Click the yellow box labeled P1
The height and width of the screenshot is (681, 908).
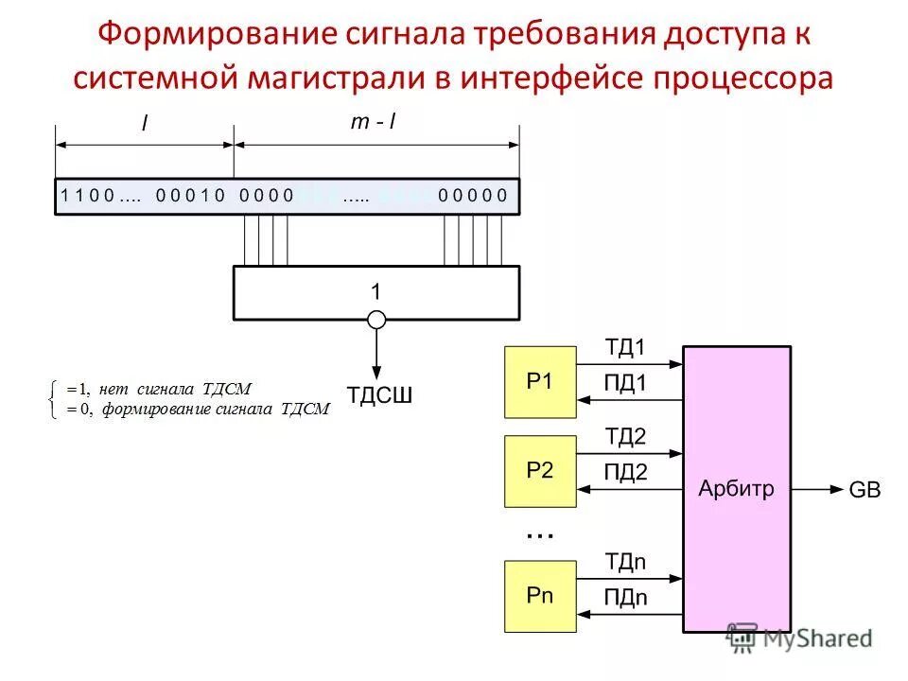coord(540,381)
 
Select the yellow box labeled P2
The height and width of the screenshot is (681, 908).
coord(540,471)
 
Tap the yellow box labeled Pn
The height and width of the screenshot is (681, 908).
coord(540,596)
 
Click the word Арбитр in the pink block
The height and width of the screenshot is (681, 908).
coord(736,489)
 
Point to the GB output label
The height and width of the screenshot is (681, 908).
coord(864,490)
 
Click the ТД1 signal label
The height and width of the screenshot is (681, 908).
coord(625,348)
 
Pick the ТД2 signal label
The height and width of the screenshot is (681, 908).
coord(625,436)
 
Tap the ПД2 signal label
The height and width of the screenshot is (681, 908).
coord(625,473)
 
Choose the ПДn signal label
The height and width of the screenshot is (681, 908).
coord(625,597)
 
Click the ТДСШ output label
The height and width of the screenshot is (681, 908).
coord(380,395)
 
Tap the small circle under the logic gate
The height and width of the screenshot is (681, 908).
coord(376,320)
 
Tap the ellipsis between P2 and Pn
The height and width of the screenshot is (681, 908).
coord(539,535)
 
